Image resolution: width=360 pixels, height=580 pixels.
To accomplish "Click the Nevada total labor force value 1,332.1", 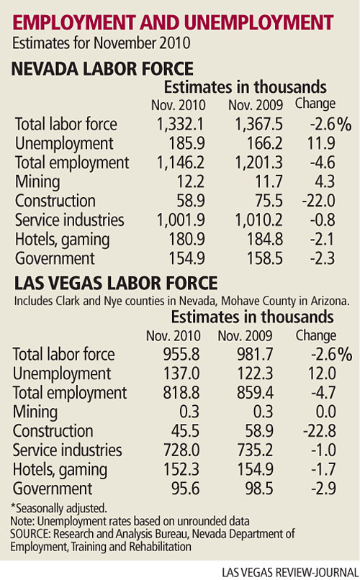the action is (x=180, y=124).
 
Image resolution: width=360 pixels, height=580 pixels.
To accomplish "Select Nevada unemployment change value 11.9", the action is (x=321, y=143).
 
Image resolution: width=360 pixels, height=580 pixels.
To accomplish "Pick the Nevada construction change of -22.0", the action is (x=318, y=201).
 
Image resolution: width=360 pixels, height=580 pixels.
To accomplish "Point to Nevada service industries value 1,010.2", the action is (x=259, y=220).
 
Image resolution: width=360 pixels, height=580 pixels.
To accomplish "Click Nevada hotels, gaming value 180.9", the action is (x=187, y=240).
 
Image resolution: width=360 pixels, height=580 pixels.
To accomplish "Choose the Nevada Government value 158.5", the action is (x=265, y=258).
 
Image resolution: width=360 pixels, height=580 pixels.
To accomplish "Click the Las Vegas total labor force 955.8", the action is (x=181, y=354).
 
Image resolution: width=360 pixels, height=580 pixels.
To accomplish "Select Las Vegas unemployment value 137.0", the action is (x=181, y=373).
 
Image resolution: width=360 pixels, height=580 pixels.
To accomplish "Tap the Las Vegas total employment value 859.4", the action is (x=255, y=393).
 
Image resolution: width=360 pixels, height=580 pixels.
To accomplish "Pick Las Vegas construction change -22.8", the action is (x=319, y=431).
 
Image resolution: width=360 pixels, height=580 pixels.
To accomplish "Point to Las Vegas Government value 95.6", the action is (x=185, y=489).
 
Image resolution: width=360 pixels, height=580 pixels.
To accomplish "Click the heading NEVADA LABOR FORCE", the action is (x=102, y=69).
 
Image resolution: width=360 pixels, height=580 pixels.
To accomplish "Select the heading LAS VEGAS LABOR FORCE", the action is (x=116, y=284).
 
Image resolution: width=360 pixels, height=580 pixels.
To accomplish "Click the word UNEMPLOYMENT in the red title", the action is (x=258, y=23).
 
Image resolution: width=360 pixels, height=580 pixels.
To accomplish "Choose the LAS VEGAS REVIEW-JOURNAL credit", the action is (x=289, y=573).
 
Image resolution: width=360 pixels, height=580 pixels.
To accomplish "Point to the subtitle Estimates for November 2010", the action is (x=102, y=43).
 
